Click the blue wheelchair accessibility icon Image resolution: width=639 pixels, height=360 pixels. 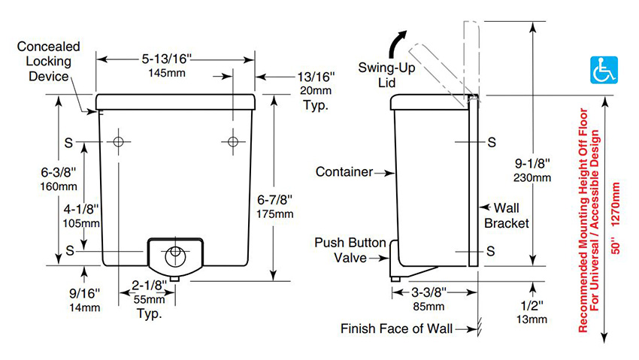pyautogui.click(x=604, y=70)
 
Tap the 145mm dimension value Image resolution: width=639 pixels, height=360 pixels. pyautogui.click(x=167, y=74)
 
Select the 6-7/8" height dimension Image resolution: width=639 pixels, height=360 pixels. pyautogui.click(x=274, y=200)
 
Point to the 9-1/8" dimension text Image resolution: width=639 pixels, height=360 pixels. pyautogui.click(x=532, y=163)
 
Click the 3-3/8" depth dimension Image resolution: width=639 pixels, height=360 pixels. pyautogui.click(x=429, y=292)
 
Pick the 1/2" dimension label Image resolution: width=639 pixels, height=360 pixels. pyautogui.click(x=531, y=305)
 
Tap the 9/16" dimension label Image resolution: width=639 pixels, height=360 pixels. pyautogui.click(x=84, y=293)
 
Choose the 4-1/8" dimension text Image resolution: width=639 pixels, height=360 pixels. pyautogui.click(x=81, y=210)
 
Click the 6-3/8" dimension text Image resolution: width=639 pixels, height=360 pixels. pyautogui.click(x=59, y=172)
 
